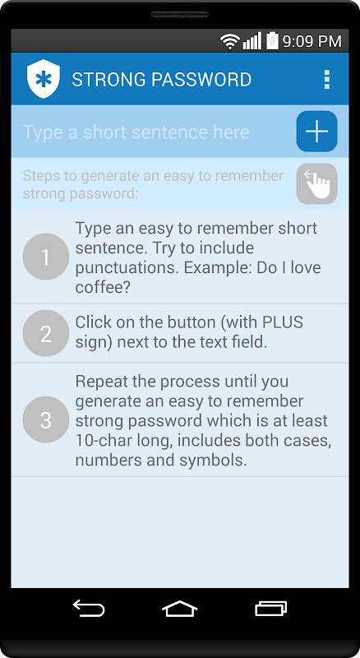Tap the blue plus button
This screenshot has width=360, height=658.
click(316, 132)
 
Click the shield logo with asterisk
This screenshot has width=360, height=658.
click(44, 79)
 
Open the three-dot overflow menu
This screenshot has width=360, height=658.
click(327, 79)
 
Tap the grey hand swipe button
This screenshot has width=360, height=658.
click(316, 183)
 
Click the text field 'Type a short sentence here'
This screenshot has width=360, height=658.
click(136, 132)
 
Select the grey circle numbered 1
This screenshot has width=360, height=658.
click(46, 257)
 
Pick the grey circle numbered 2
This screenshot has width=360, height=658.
click(46, 334)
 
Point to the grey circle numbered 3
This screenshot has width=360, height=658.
click(46, 419)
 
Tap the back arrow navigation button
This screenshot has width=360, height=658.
click(89, 608)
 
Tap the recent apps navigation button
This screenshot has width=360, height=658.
click(271, 608)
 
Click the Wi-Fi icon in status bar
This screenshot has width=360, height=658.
click(229, 41)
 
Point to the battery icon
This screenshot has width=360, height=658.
click(272, 40)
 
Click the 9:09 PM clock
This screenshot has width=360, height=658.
click(312, 41)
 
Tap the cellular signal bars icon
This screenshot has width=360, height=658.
click(252, 41)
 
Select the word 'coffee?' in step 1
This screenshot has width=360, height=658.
click(103, 287)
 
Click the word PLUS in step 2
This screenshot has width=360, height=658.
click(283, 322)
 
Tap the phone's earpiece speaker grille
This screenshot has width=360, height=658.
click(179, 14)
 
